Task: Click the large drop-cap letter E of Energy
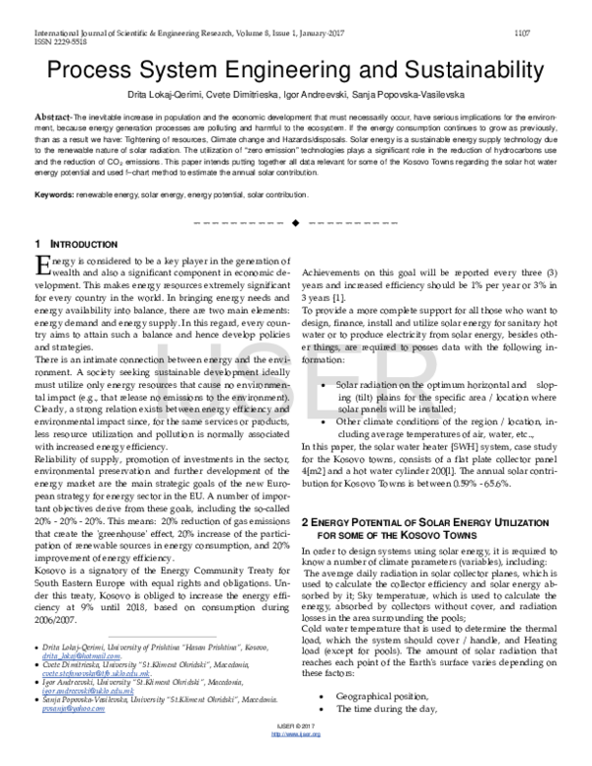tap(41, 265)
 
